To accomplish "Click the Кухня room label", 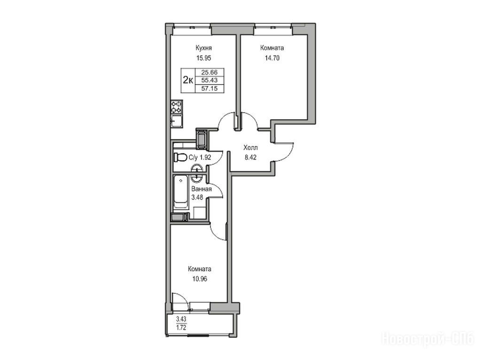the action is pyautogui.click(x=204, y=48).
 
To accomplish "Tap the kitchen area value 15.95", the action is pyautogui.click(x=204, y=58).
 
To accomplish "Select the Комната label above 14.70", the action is pyautogui.click(x=272, y=48).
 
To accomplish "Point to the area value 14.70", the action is pyautogui.click(x=272, y=58).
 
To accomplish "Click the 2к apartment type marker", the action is pyautogui.click(x=188, y=80).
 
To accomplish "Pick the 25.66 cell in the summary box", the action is pyautogui.click(x=209, y=72).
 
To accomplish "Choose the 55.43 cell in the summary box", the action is pyautogui.click(x=209, y=80).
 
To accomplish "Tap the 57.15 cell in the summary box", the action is pyautogui.click(x=209, y=89).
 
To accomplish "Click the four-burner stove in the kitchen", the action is pyautogui.click(x=177, y=107).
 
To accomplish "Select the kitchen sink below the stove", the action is pyautogui.click(x=177, y=121).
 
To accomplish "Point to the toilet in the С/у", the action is pyautogui.click(x=181, y=157).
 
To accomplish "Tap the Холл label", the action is pyautogui.click(x=250, y=148).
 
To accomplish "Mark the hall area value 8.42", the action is pyautogui.click(x=250, y=158).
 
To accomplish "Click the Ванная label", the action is pyautogui.click(x=201, y=189).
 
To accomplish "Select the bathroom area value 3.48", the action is pyautogui.click(x=197, y=197).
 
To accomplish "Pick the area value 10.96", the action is pyautogui.click(x=200, y=279).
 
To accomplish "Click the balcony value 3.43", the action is pyautogui.click(x=181, y=320).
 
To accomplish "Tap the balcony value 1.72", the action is pyautogui.click(x=181, y=327).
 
